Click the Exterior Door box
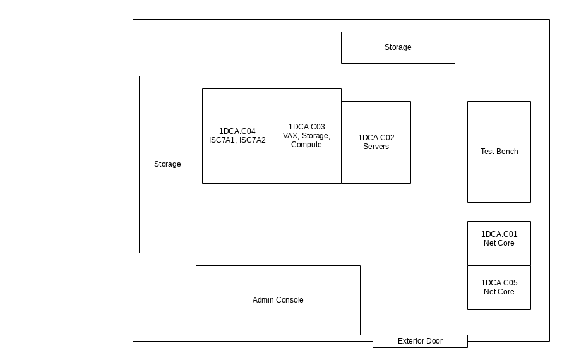pos(420,341)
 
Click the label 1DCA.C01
pos(499,234)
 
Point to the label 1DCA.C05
pos(499,283)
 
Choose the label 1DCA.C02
pos(376,138)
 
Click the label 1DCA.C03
pos(307,127)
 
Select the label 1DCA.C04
pos(237,131)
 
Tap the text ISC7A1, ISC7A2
pos(237,140)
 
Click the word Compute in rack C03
pos(306,145)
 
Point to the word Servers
pos(376,147)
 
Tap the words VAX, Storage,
pos(306,136)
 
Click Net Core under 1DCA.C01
pos(499,243)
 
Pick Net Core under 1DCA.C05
pos(499,292)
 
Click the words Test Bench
pos(499,152)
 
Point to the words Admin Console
pos(278,300)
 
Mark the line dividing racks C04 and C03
pos(272,136)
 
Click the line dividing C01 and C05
pos(499,266)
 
